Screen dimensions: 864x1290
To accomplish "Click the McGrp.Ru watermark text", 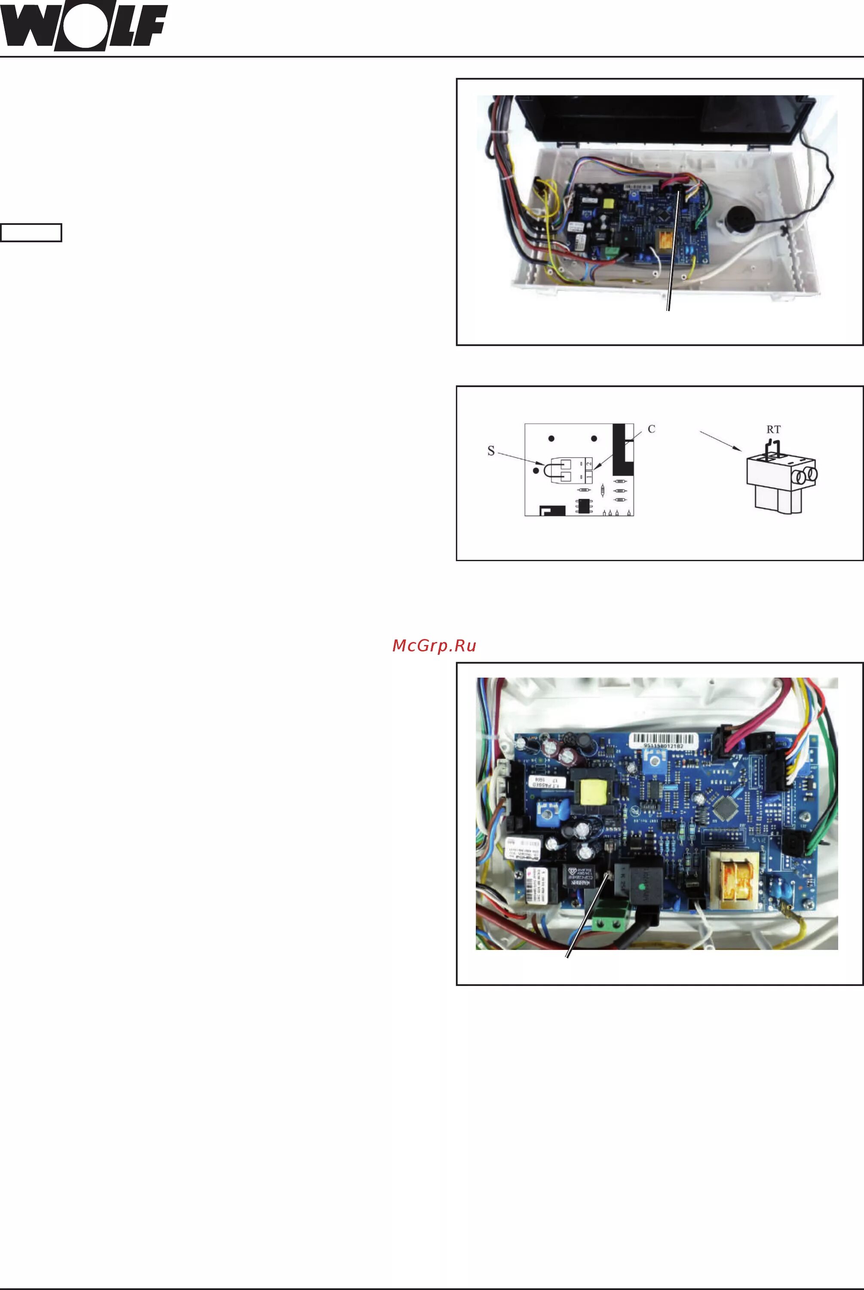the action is [434, 646].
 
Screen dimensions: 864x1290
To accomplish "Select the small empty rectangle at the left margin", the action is [31, 233].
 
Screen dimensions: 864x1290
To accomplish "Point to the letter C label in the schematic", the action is [651, 429].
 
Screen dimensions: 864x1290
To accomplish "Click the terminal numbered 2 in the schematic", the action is [589, 464].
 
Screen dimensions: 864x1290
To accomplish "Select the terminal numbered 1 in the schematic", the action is [589, 475].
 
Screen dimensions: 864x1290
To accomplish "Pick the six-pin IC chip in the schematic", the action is [583, 505].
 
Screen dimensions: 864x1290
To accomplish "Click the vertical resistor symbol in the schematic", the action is [603, 489].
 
